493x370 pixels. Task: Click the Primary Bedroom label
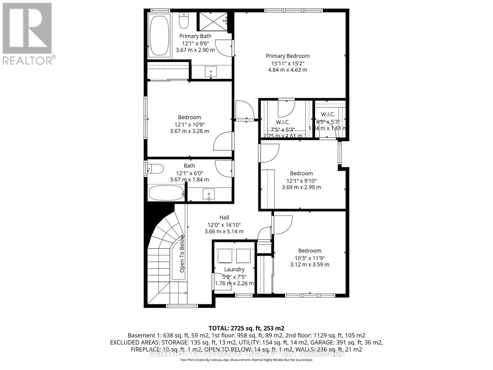pyautogui.click(x=287, y=56)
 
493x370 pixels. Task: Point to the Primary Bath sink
pyautogui.click(x=211, y=72)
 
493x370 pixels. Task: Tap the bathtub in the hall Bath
pyautogui.click(x=166, y=193)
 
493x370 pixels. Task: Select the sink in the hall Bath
pyautogui.click(x=209, y=194)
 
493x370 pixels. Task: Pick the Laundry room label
pyautogui.click(x=234, y=269)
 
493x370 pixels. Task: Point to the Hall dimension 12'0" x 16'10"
pyautogui.click(x=224, y=225)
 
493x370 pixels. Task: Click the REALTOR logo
pyautogui.click(x=28, y=34)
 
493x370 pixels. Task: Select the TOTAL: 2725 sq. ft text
pyautogui.click(x=246, y=328)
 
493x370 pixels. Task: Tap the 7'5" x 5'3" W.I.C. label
pyautogui.click(x=283, y=129)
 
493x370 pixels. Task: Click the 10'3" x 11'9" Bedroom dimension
pyautogui.click(x=309, y=258)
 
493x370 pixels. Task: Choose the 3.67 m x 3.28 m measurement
pyautogui.click(x=189, y=131)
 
